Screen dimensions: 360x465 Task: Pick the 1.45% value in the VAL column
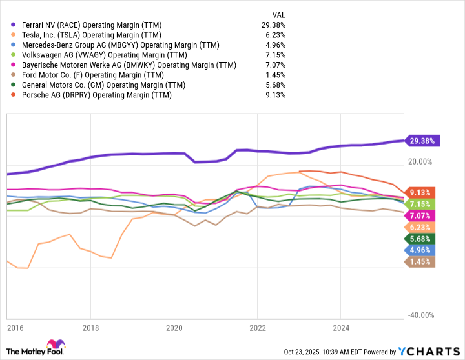coord(276,75)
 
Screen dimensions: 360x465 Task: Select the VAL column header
coord(278,14)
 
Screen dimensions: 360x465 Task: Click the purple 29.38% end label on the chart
coord(422,141)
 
